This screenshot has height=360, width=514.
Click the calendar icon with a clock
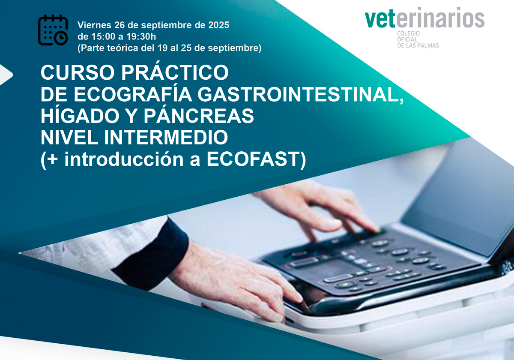pos(53,30)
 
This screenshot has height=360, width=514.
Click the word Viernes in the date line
pos(94,25)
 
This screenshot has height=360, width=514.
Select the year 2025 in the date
pos(219,25)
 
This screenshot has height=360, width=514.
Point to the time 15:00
pos(103,36)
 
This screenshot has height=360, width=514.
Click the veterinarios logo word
pos(424,18)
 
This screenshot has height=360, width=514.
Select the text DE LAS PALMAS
pos(418,45)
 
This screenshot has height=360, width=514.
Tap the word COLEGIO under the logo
pos(408,33)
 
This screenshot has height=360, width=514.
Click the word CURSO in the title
pos(78,72)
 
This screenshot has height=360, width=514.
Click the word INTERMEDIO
pos(166,137)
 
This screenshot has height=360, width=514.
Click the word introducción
pos(124,159)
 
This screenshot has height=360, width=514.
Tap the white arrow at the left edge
pos(6,75)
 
